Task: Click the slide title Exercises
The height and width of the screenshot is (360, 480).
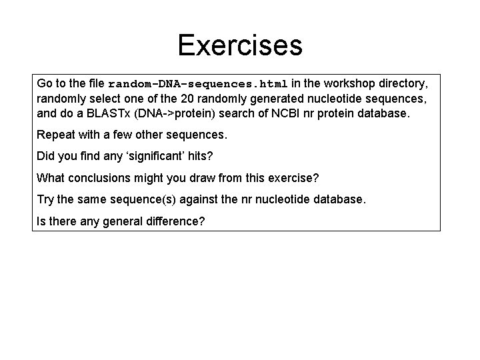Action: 240,45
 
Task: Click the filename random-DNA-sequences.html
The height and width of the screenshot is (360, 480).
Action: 198,85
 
